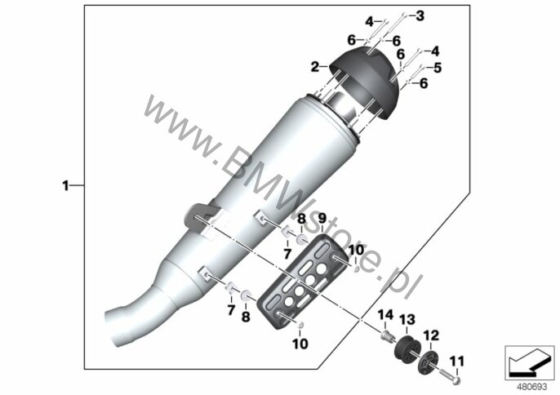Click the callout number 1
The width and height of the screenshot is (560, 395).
tap(65, 186)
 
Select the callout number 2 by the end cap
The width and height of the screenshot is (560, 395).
tap(314, 66)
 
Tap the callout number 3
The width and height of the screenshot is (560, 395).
tap(420, 16)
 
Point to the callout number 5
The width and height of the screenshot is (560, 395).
tap(438, 68)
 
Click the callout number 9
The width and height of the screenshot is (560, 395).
tap(322, 218)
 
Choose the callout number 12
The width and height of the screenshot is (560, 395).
tap(431, 335)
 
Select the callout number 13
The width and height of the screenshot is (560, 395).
tap(407, 319)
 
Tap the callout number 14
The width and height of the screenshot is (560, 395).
tap(385, 315)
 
